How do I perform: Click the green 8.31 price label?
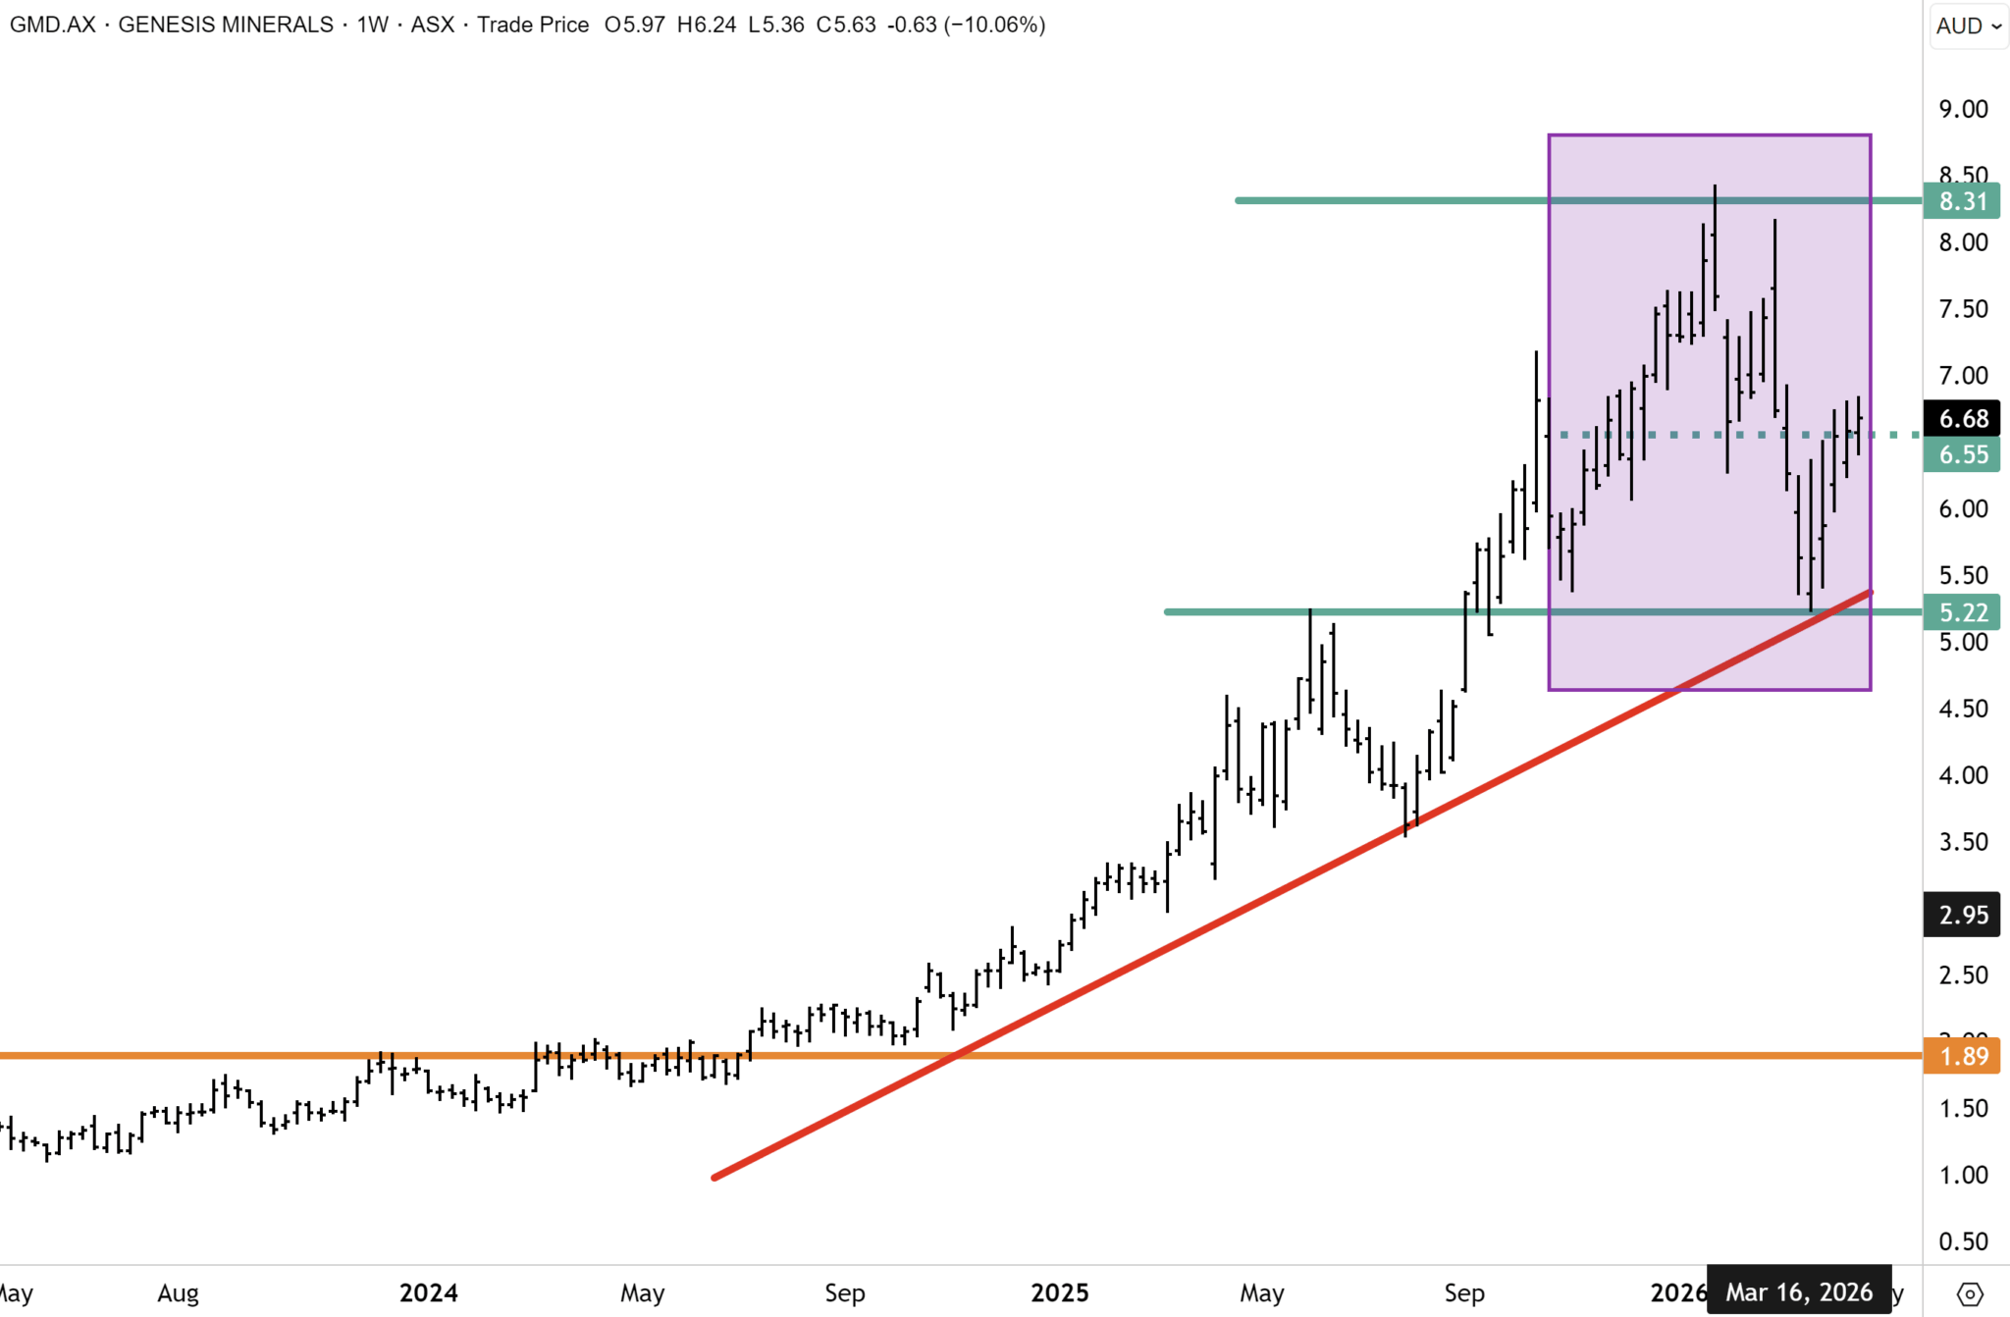pyautogui.click(x=1962, y=201)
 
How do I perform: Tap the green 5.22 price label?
pyautogui.click(x=1962, y=612)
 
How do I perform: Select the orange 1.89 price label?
pyautogui.click(x=1962, y=1056)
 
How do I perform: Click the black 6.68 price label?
pyautogui.click(x=1962, y=419)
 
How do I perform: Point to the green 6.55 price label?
pyautogui.click(x=1962, y=454)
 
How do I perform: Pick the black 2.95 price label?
pyautogui.click(x=1962, y=915)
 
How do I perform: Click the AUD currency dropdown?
pyautogui.click(x=1968, y=26)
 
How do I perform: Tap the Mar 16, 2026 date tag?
pyautogui.click(x=1798, y=1292)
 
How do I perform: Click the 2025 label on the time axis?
pyautogui.click(x=1059, y=1292)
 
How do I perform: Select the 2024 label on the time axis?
pyautogui.click(x=428, y=1292)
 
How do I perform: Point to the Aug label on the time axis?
pyautogui.click(x=178, y=1292)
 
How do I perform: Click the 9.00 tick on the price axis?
pyautogui.click(x=1963, y=109)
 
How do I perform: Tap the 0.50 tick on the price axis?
pyautogui.click(x=1963, y=1241)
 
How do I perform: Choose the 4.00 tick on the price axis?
pyautogui.click(x=1963, y=775)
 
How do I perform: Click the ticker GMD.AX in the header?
pyautogui.click(x=53, y=25)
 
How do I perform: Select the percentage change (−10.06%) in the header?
pyautogui.click(x=994, y=25)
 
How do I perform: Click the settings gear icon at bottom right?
pyautogui.click(x=1969, y=1293)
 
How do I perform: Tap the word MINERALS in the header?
pyautogui.click(x=280, y=25)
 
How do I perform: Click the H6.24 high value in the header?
pyautogui.click(x=707, y=25)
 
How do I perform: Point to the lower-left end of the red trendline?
pyautogui.click(x=715, y=1177)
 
